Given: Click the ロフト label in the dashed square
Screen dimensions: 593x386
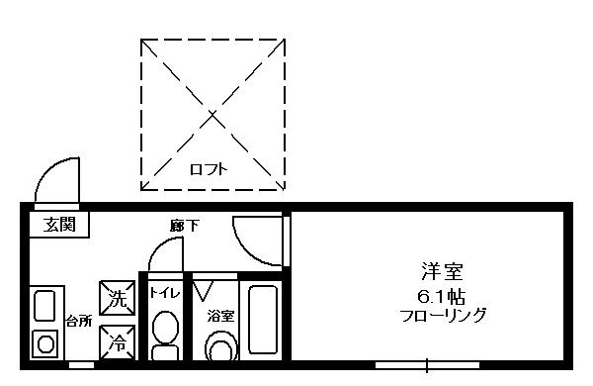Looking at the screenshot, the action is tap(209, 169).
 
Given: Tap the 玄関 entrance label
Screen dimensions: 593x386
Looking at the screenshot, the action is tap(59, 225).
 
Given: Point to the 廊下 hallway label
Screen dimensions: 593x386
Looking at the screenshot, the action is tap(184, 226).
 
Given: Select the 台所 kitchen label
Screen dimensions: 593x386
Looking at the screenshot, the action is tap(79, 322).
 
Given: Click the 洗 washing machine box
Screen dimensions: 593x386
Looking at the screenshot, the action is tap(118, 298).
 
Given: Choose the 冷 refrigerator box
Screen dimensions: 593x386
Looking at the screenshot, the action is tap(118, 342).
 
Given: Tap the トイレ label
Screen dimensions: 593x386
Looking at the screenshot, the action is tap(164, 293).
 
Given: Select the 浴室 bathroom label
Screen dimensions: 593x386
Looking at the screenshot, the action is tap(220, 316).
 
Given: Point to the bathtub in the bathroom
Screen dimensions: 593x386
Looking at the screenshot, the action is tap(263, 320).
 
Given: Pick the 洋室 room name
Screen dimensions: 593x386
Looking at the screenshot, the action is tap(443, 271).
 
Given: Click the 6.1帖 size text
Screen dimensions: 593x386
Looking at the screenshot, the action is tap(441, 297).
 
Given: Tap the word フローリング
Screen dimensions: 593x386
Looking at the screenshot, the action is tap(443, 316).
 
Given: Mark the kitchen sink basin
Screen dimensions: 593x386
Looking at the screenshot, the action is tap(45, 306).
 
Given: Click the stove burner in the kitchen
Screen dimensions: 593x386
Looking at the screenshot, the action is tap(45, 344).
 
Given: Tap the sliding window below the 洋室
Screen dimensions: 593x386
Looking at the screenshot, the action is tap(427, 365).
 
